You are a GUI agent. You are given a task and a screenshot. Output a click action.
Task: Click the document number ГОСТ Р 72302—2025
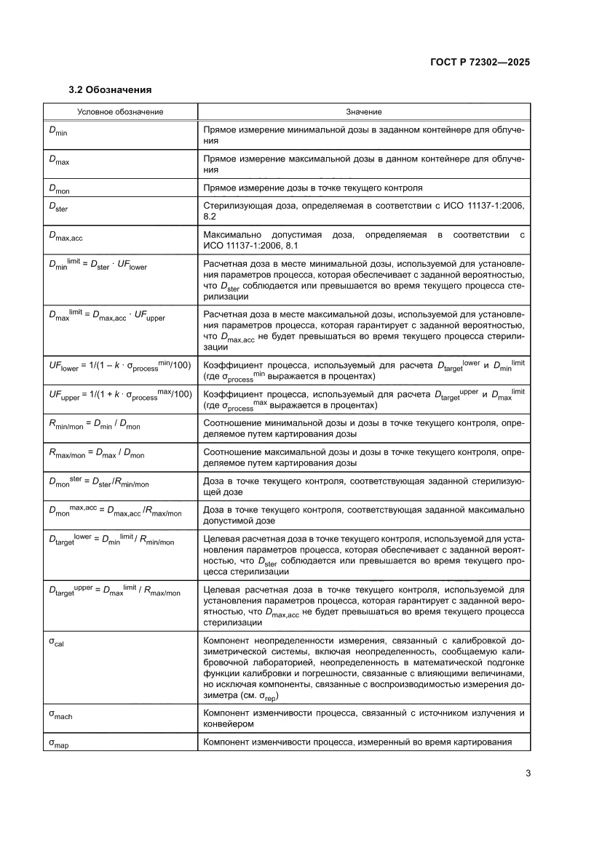(475, 63)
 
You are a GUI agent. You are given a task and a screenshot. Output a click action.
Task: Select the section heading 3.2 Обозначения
(110, 90)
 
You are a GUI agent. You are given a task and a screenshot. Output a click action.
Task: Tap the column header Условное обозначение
(121, 112)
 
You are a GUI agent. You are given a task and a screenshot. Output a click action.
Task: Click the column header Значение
(363, 112)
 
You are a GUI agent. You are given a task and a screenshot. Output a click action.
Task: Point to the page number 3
(527, 773)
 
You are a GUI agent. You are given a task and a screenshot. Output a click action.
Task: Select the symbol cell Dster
(58, 208)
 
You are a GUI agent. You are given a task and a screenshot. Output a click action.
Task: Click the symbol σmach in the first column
(60, 715)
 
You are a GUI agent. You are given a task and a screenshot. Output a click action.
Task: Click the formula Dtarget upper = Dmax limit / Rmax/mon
(114, 592)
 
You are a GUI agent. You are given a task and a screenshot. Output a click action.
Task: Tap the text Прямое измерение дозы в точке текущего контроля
(313, 188)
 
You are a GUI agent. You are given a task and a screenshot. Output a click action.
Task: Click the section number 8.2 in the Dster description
(210, 217)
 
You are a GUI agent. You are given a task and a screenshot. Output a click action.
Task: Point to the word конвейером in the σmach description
(228, 724)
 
